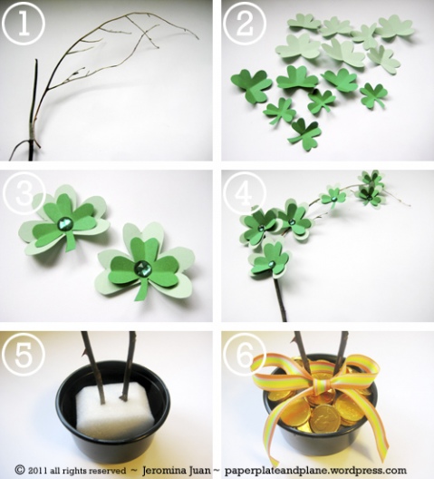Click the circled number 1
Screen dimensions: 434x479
[x=24, y=24]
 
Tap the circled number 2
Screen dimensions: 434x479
[x=244, y=24]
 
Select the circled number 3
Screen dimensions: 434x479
[x=24, y=193]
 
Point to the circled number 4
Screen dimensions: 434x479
[x=244, y=193]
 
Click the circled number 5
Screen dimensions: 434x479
[x=24, y=355]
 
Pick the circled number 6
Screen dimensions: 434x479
[x=244, y=355]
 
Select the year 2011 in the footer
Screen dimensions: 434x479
[x=37, y=470]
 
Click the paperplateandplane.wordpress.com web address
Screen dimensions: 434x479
[x=316, y=470]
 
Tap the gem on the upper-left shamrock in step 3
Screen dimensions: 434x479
[x=64, y=224]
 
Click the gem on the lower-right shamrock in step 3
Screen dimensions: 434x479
[x=141, y=268]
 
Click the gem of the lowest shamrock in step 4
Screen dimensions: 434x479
[x=272, y=263]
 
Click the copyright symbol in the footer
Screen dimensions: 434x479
[x=20, y=470]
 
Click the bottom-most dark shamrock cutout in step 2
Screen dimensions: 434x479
[x=304, y=134]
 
